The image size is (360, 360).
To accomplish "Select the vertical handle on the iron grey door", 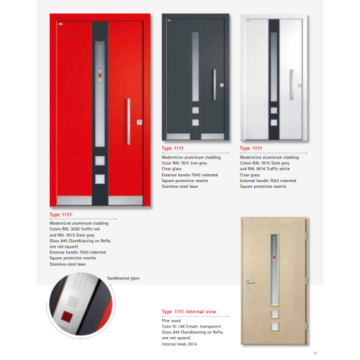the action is (214, 84).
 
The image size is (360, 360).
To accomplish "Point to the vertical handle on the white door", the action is (292, 86).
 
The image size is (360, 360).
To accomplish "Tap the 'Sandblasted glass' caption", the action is (124, 277).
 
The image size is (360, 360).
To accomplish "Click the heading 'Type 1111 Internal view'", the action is (190, 312).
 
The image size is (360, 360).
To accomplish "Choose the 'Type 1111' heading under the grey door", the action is (174, 147).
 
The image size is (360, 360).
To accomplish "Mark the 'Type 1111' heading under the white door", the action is (251, 147).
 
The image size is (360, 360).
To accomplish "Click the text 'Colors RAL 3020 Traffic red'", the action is (76, 229).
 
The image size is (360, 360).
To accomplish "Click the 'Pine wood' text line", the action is (171, 319).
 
